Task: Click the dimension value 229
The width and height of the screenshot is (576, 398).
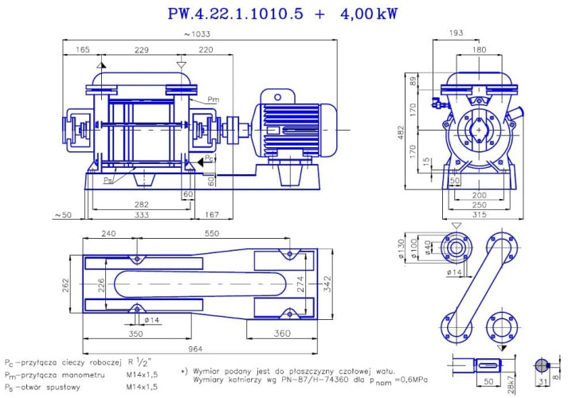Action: coord(142,50)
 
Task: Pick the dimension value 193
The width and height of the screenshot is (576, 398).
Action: coord(478,33)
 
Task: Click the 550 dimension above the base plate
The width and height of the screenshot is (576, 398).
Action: coord(212,235)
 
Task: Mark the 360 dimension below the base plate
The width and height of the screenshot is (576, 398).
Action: coord(282,334)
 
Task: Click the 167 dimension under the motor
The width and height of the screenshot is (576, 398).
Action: coord(212,214)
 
